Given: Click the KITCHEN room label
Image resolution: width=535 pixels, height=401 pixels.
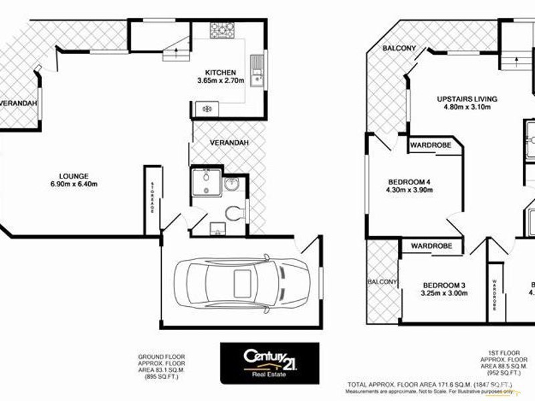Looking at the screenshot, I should tap(220, 72).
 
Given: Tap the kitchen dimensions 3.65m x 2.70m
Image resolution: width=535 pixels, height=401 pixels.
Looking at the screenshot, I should tap(220, 80).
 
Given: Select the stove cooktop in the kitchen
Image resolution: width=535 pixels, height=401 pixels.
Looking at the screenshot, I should tap(222, 30).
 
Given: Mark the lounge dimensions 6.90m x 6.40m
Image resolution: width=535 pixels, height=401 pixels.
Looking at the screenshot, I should tap(74, 184).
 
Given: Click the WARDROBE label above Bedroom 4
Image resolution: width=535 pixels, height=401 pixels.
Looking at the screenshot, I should tap(430, 144).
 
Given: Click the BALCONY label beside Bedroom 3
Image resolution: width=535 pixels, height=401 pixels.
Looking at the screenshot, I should tap(382, 282).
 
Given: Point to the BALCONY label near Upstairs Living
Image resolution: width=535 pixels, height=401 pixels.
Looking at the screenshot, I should tap(399, 48).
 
